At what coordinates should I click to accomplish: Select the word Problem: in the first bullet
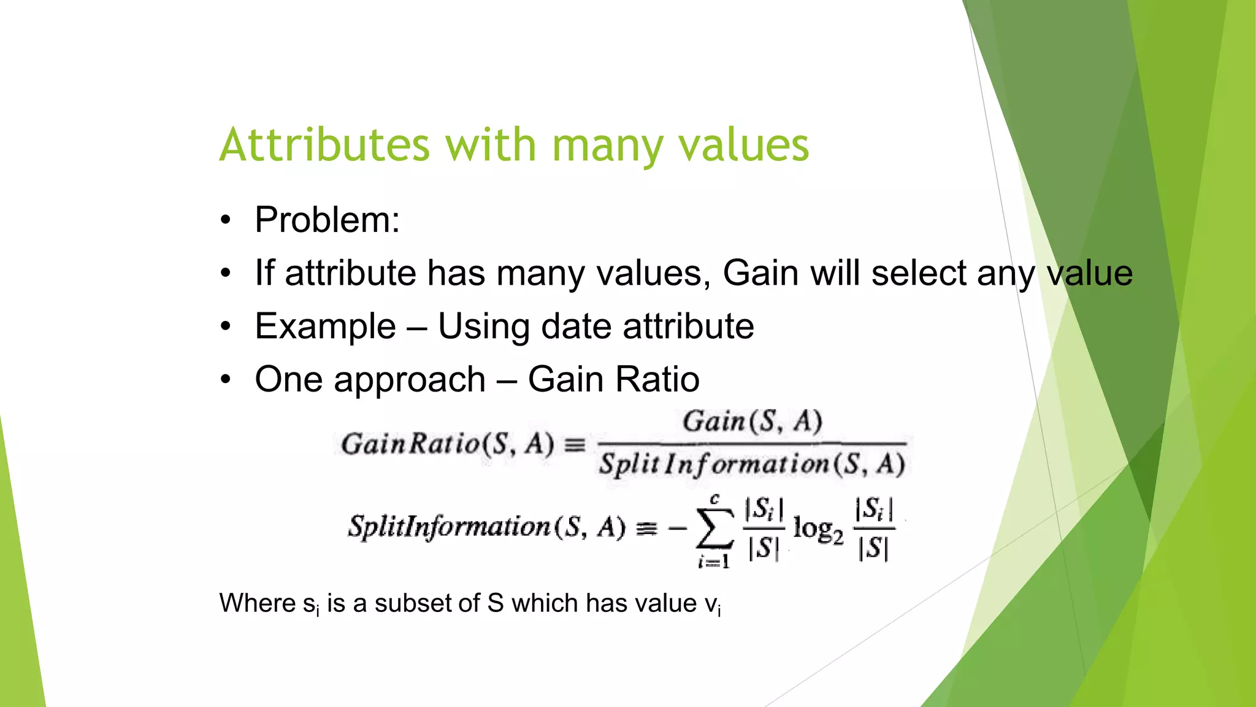click(327, 220)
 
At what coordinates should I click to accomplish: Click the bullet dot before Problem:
click(226, 220)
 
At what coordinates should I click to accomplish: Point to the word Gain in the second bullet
click(760, 272)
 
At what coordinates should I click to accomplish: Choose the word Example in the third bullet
click(325, 326)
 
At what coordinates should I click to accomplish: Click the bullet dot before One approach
click(226, 379)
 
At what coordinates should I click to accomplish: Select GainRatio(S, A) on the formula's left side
click(447, 444)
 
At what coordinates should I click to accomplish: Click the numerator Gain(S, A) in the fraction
click(752, 422)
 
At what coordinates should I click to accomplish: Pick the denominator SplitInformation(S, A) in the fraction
click(752, 465)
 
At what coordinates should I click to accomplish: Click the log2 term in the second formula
click(818, 528)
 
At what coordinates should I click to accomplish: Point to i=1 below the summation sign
click(714, 561)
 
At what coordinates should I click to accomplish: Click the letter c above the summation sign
click(714, 500)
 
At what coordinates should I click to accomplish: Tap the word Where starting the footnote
click(258, 603)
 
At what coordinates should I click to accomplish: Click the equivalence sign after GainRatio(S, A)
click(575, 444)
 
